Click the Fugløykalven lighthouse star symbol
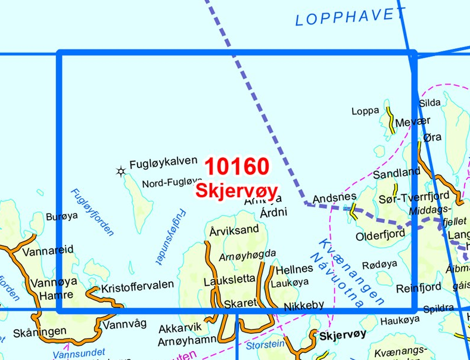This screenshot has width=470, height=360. (x=121, y=172)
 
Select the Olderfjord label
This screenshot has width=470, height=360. (x=380, y=237)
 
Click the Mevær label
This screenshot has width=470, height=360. (x=412, y=122)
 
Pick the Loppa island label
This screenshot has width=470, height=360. (x=365, y=110)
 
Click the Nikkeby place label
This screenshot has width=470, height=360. (x=304, y=305)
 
